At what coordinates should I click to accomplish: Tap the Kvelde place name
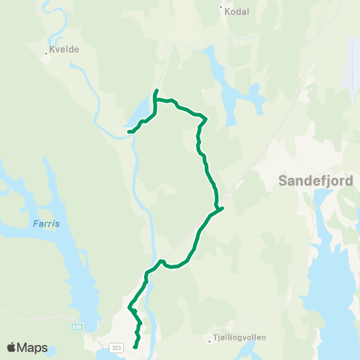[x=63, y=49]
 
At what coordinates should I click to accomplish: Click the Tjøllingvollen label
[x=240, y=337]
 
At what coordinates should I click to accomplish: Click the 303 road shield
[x=115, y=347]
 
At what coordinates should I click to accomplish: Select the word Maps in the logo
[x=33, y=347]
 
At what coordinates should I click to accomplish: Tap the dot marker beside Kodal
[x=221, y=8]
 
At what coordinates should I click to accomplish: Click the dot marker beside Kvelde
[x=46, y=53]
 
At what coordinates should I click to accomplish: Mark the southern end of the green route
[x=135, y=346]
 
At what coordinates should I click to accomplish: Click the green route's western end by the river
[x=129, y=132]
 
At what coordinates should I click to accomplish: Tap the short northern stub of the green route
[x=155, y=92]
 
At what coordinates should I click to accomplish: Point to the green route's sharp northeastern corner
[x=205, y=118]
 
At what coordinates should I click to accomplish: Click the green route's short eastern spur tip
[x=223, y=208]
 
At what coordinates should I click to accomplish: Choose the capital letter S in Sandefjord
[x=283, y=180]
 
